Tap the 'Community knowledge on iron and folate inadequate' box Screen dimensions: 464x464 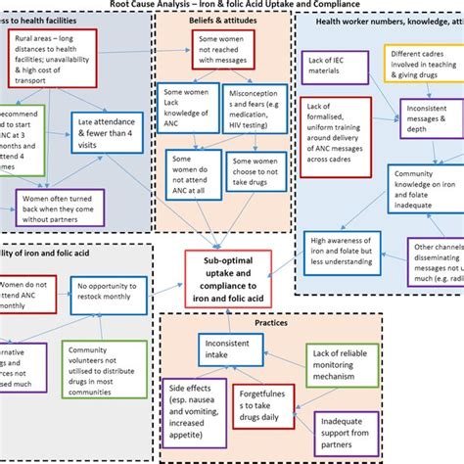pos(423,186)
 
